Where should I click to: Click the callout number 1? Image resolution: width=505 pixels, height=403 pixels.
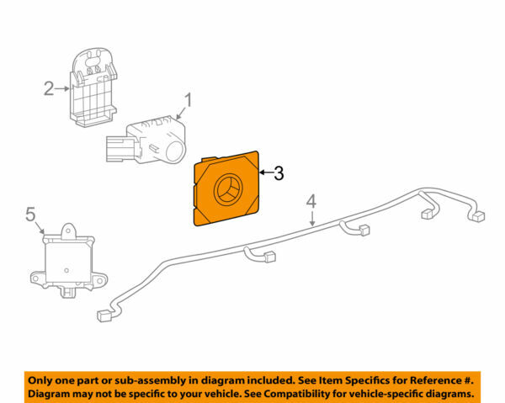(189, 101)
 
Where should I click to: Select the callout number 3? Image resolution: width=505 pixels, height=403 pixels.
(278, 174)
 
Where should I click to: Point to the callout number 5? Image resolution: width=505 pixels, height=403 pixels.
(30, 215)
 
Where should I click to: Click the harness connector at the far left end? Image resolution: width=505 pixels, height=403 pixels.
(106, 316)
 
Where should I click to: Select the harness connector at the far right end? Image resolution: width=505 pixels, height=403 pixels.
(477, 216)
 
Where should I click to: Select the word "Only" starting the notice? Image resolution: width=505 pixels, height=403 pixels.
(42, 379)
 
